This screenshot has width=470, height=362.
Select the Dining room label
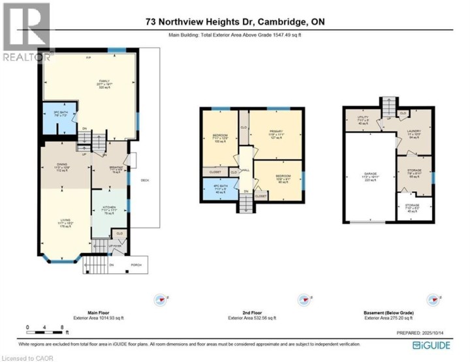point(62,165)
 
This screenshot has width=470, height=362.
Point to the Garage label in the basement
point(370,174)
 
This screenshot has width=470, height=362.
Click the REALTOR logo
point(26,33)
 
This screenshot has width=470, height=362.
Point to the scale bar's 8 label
point(61,326)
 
